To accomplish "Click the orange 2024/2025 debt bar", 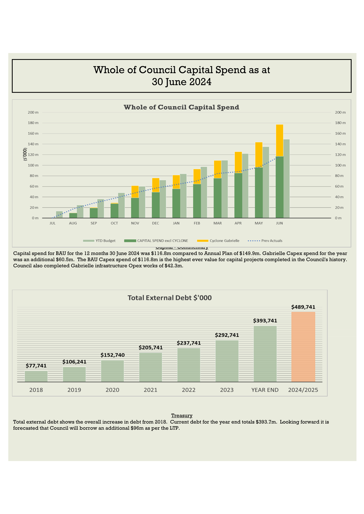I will click(303, 347).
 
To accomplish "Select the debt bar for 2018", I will click(36, 376).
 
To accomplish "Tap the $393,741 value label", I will click(265, 321).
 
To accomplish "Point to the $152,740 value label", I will click(112, 355).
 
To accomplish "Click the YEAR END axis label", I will click(265, 390).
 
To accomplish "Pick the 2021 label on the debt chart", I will click(150, 390).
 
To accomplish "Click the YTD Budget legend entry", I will click(99, 241).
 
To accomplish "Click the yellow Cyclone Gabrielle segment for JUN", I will click(279, 140).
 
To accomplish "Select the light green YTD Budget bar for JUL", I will click(59, 215).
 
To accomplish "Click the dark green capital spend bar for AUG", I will click(73, 215).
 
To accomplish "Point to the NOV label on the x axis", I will click(135, 223).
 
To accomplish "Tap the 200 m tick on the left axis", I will click(33, 112).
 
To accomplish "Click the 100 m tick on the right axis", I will click(340, 165).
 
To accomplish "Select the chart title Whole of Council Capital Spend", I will click(181, 107).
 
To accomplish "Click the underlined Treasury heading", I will click(182, 416).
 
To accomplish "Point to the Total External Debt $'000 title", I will click(170, 298).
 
